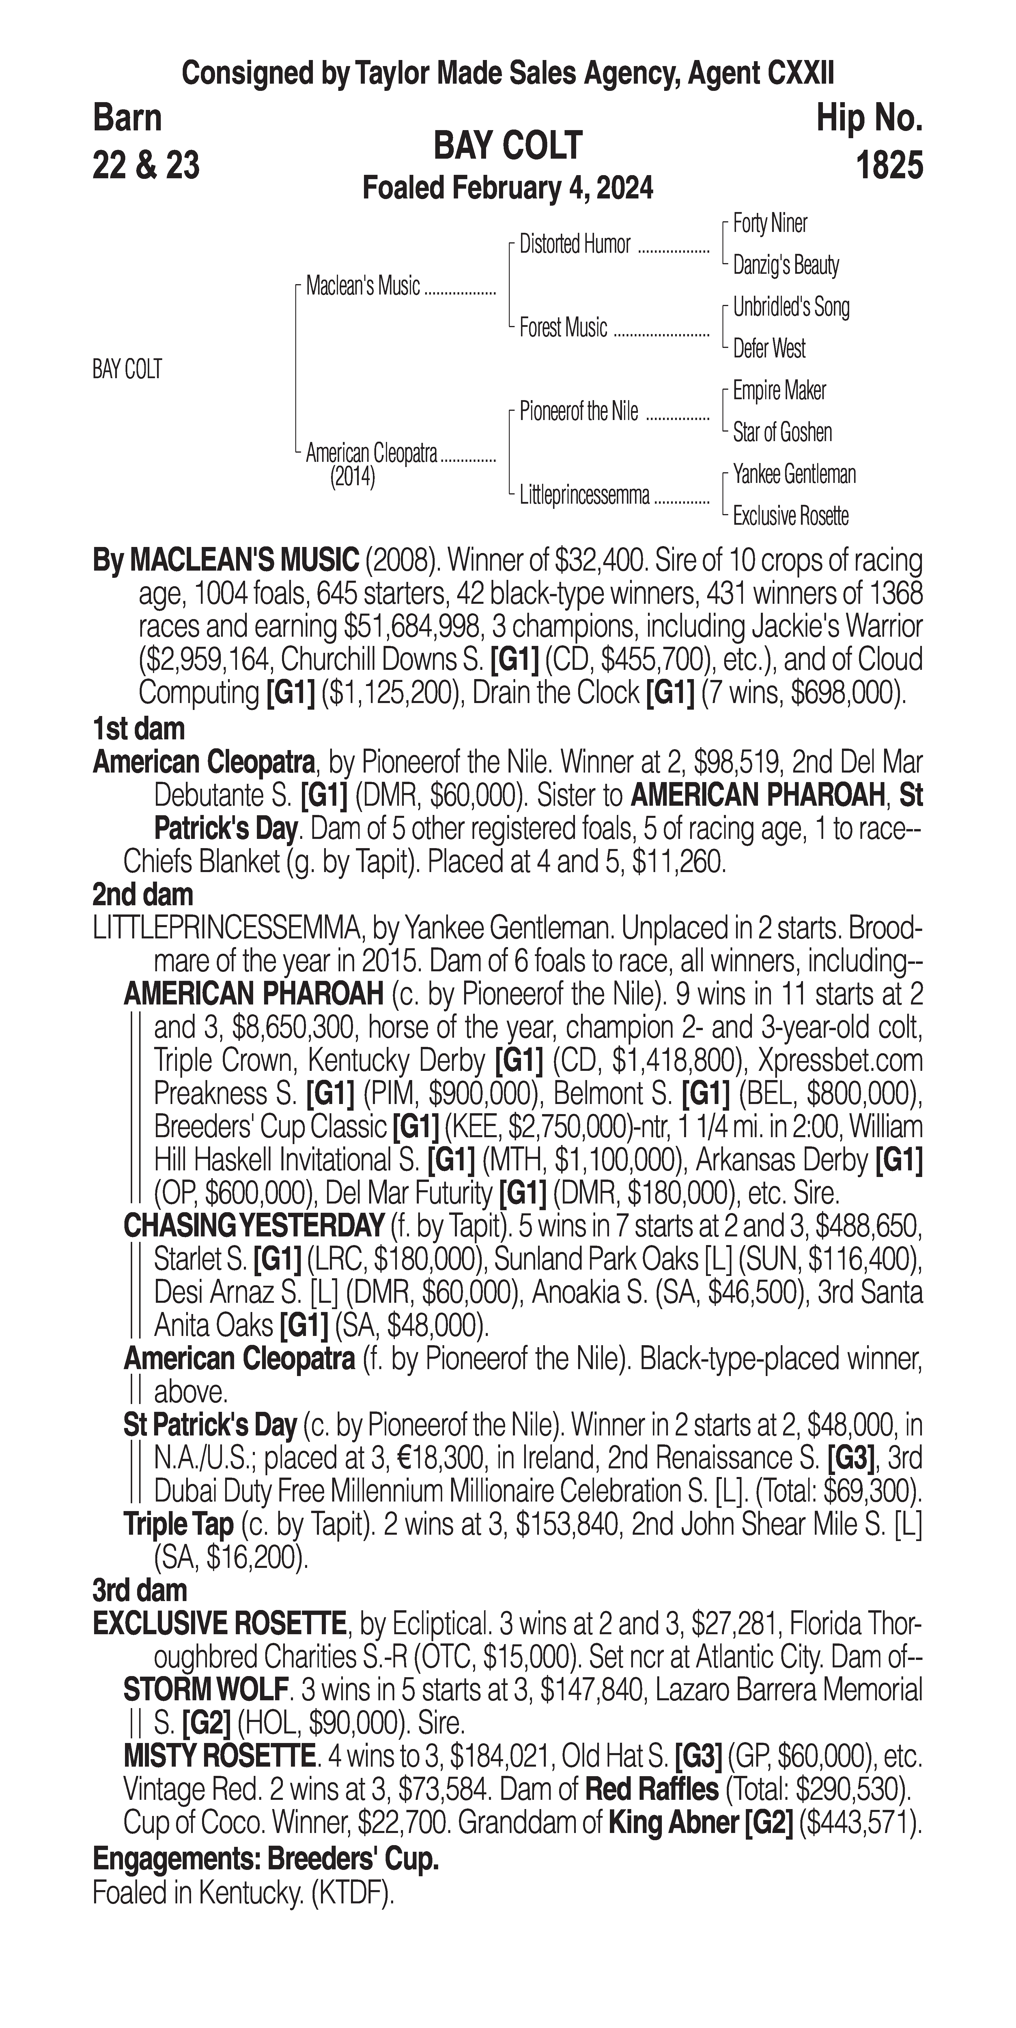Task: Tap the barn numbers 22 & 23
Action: (146, 165)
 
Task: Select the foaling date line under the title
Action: (507, 188)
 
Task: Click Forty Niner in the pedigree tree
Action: (770, 224)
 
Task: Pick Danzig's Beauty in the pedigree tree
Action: (785, 265)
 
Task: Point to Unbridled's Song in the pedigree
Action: (791, 307)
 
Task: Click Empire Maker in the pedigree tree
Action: (779, 391)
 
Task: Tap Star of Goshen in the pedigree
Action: (782, 432)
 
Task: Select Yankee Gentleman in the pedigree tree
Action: (794, 474)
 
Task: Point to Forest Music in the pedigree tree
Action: (563, 327)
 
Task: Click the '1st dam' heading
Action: (139, 729)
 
